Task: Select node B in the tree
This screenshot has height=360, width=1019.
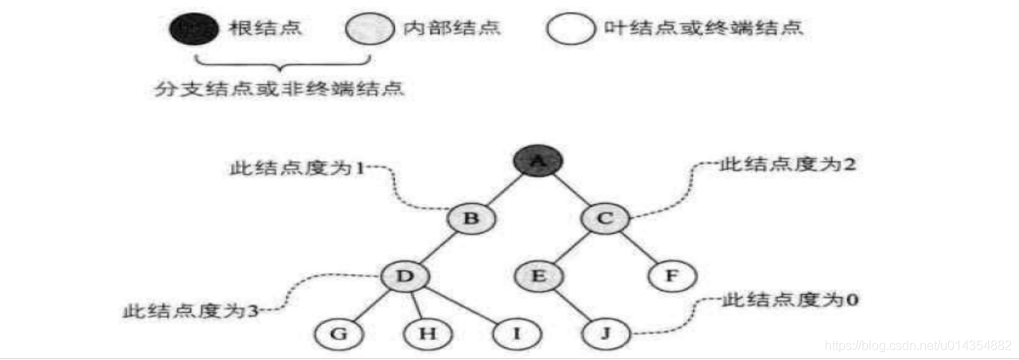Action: pyautogui.click(x=470, y=217)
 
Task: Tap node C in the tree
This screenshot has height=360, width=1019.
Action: pyautogui.click(x=606, y=217)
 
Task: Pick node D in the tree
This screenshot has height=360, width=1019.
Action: pyautogui.click(x=404, y=276)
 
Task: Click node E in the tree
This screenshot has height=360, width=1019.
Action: pyautogui.click(x=538, y=276)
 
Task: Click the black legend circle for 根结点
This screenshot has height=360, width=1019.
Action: pyautogui.click(x=193, y=29)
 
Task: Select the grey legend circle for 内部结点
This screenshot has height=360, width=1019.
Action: pyautogui.click(x=370, y=29)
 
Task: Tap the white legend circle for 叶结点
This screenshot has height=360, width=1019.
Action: pyautogui.click(x=570, y=29)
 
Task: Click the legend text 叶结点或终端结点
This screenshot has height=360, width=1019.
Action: pyautogui.click(x=703, y=29)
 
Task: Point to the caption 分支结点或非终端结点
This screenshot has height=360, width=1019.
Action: pyautogui.click(x=280, y=87)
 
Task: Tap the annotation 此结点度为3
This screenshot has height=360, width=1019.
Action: pyautogui.click(x=190, y=310)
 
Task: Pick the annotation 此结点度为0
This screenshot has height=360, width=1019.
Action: pyautogui.click(x=790, y=300)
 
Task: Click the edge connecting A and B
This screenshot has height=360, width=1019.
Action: pyautogui.click(x=504, y=190)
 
